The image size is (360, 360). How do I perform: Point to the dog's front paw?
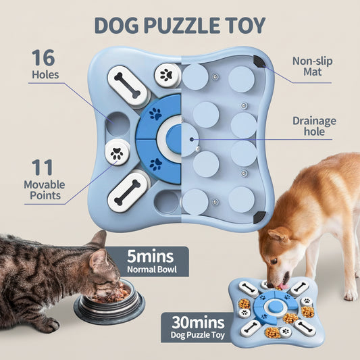pos(351,294)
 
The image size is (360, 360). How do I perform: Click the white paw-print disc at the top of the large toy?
pos(165,75)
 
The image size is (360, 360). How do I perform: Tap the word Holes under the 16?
pos(45,76)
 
